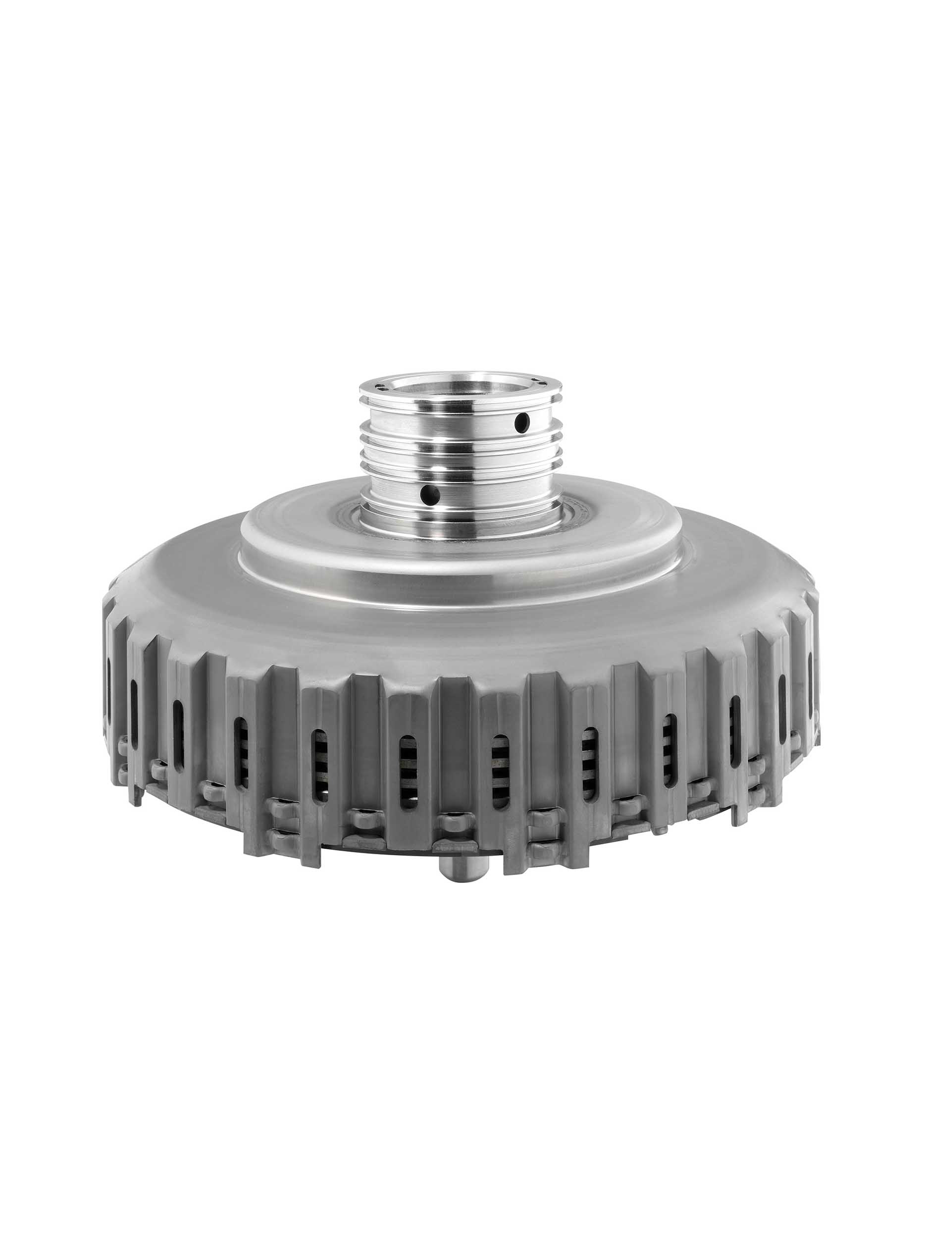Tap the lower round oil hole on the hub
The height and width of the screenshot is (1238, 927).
tap(430, 493)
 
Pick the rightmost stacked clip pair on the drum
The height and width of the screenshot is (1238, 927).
tap(756, 775)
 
